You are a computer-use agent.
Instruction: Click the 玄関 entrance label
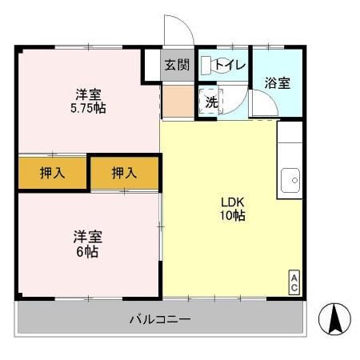pyautogui.click(x=178, y=66)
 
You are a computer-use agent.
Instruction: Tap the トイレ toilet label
pyautogui.click(x=230, y=66)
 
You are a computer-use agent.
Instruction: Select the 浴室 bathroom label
pyautogui.click(x=278, y=82)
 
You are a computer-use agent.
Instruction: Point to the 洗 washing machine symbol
pyautogui.click(x=210, y=102)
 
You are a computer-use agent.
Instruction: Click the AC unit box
pyautogui.click(x=294, y=283)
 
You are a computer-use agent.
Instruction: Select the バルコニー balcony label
pyautogui.click(x=160, y=321)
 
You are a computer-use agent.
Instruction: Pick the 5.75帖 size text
pyautogui.click(x=88, y=107)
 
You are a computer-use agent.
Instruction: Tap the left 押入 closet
pyautogui.click(x=52, y=172)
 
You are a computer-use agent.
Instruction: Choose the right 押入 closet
pyautogui.click(x=124, y=172)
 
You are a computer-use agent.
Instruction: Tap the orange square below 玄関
pyautogui.click(x=176, y=102)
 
